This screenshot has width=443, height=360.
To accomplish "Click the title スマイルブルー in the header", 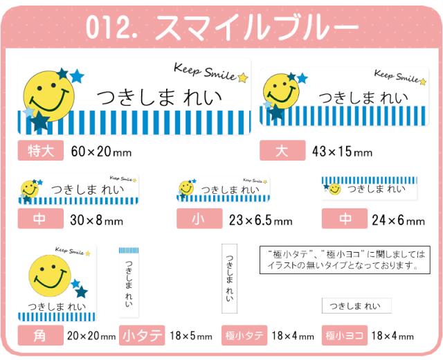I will click(x=257, y=27).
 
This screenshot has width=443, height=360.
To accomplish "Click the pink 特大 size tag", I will click(x=41, y=150).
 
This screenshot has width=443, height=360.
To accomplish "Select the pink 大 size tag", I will click(x=282, y=151).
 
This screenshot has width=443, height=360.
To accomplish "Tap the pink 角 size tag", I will click(x=41, y=336).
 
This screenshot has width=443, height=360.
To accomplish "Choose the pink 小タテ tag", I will click(x=142, y=336).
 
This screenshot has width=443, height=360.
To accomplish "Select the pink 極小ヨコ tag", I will click(x=345, y=336).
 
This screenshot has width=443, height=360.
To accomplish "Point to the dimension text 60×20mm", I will click(x=101, y=151).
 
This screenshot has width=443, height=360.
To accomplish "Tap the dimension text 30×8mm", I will click(x=97, y=221).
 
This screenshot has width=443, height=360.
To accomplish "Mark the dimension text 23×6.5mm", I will click(x=260, y=221).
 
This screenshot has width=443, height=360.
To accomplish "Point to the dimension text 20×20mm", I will click(x=91, y=336).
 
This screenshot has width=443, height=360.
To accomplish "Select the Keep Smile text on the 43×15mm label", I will click(x=397, y=76).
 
